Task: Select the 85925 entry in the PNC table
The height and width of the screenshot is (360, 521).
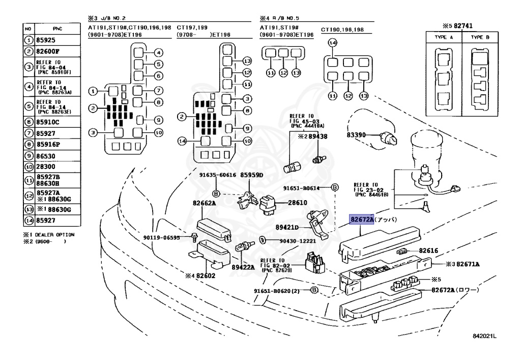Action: pyautogui.click(x=45, y=39)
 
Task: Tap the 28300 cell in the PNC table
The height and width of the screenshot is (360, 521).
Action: pyautogui.click(x=45, y=167)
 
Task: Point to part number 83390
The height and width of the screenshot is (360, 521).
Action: pyautogui.click(x=357, y=135)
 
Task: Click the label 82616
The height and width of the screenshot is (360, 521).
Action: pyautogui.click(x=428, y=251)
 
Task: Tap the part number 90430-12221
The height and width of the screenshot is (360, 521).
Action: pyautogui.click(x=298, y=241)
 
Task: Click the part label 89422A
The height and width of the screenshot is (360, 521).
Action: pyautogui.click(x=243, y=265)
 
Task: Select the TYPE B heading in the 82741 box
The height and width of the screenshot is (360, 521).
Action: pyautogui.click(x=480, y=37)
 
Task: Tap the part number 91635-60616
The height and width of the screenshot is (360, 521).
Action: pyautogui.click(x=217, y=175)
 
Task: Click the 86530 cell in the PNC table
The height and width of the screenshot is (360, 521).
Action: pyautogui.click(x=45, y=156)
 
